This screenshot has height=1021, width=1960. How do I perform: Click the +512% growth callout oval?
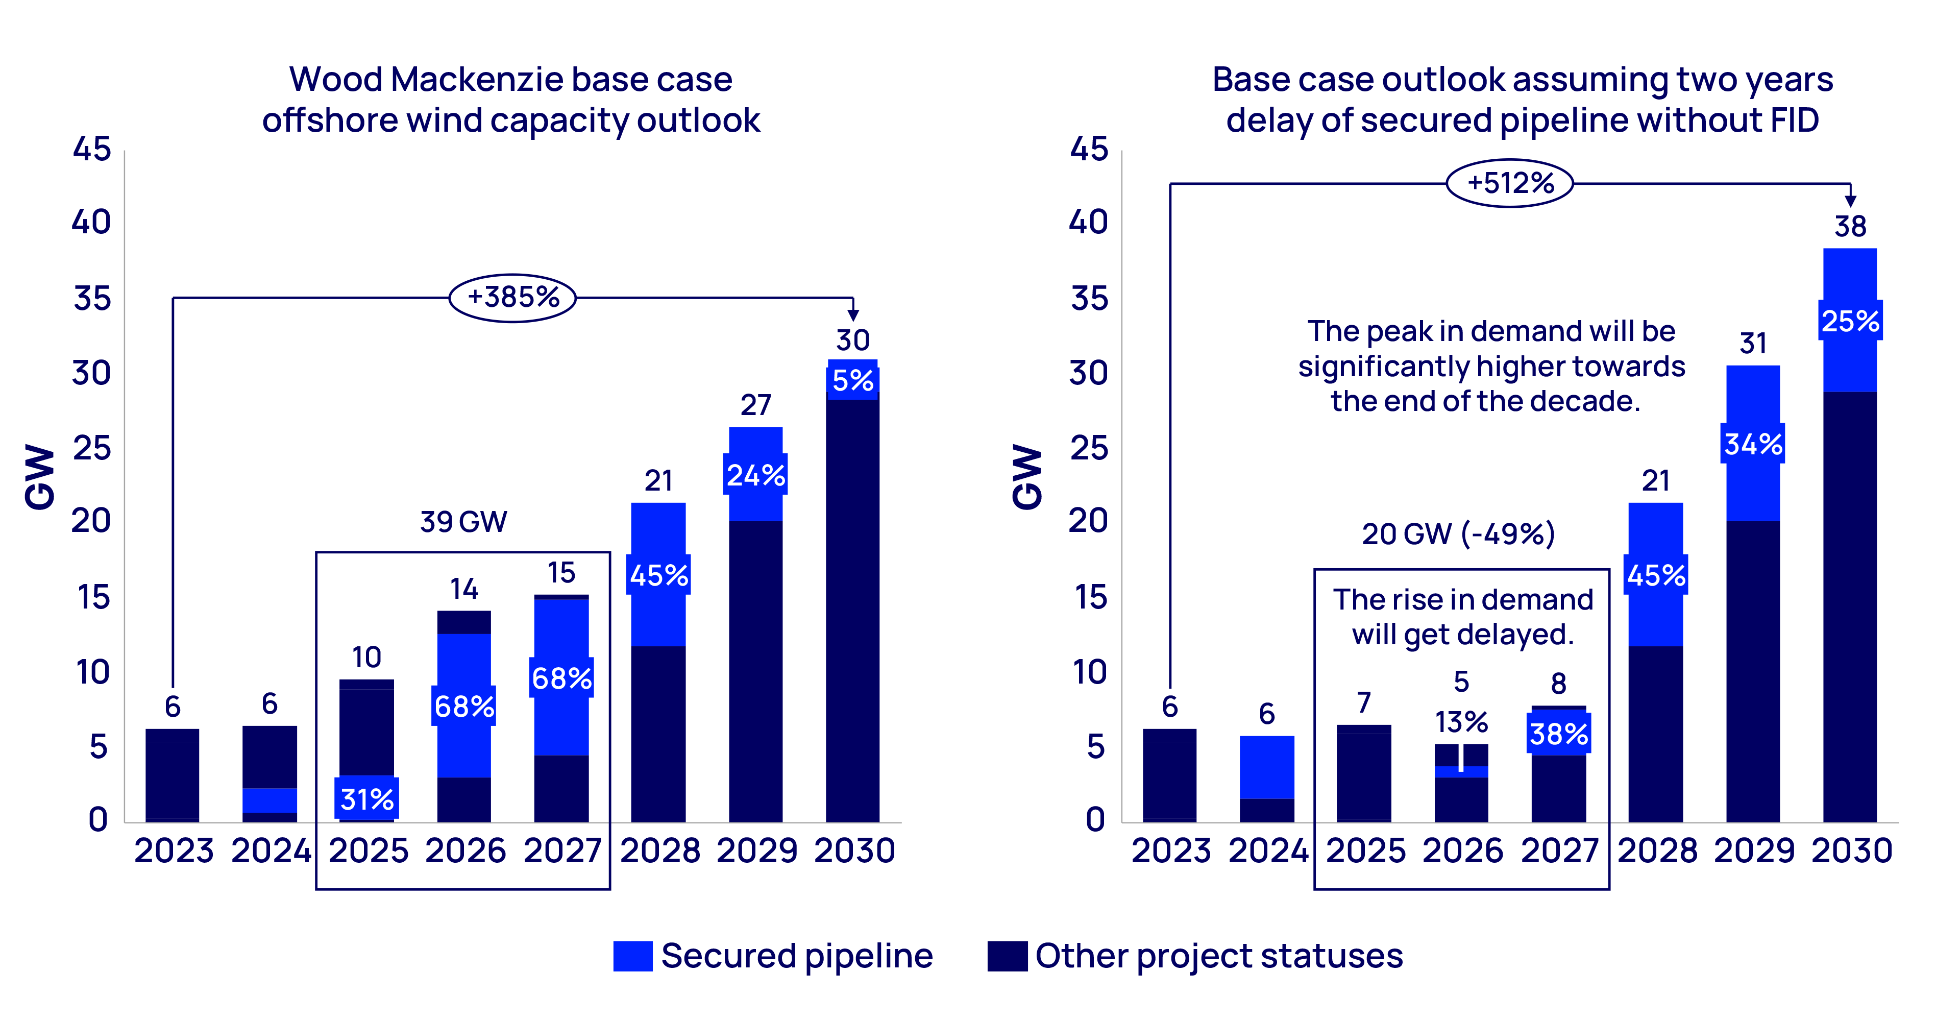1510,183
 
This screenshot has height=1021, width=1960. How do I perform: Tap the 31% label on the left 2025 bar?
367,799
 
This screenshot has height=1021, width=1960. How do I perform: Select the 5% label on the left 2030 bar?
852,380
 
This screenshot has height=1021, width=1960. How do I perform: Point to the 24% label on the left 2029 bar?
755,475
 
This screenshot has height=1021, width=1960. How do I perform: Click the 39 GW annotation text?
463,522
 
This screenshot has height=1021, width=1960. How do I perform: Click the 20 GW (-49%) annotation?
1458,534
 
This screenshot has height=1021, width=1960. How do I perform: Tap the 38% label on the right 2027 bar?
1558,734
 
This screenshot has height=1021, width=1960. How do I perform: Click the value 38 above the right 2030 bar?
1850,227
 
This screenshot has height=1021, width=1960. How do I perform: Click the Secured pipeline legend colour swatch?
632,956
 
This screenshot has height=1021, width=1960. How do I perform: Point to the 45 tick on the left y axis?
92,149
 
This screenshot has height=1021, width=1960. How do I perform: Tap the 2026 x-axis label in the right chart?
1462,850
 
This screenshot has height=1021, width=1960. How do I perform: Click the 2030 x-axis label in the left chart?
854,850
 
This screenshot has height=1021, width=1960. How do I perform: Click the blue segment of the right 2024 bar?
1267,767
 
